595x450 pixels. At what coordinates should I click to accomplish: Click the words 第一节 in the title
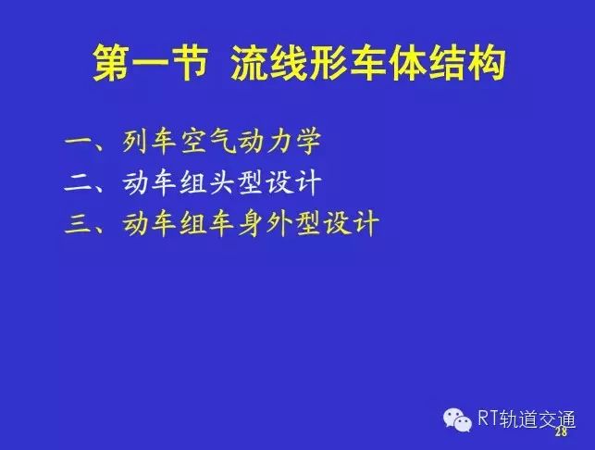pos(150,63)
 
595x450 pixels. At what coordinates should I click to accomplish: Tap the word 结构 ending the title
pos(467,63)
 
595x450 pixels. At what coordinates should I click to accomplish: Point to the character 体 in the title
pos(407,63)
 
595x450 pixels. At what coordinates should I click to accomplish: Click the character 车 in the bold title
pos(367,63)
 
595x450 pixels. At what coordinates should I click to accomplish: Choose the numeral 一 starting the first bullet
pos(79,142)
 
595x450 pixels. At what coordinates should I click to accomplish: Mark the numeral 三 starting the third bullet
pos(79,223)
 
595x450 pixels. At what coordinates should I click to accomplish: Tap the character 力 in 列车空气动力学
pos(279,142)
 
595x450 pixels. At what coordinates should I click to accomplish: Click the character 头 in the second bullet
pos(222,182)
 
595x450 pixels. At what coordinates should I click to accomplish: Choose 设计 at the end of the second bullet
pos(293,182)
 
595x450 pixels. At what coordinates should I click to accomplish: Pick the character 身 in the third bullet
pos(251,223)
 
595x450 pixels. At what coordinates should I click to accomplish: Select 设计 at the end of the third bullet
pos(351,223)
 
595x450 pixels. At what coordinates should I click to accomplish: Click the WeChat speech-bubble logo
pos(458,419)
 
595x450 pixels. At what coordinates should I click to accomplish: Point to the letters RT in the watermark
pos(488,419)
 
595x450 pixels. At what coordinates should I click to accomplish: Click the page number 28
pos(561,431)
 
